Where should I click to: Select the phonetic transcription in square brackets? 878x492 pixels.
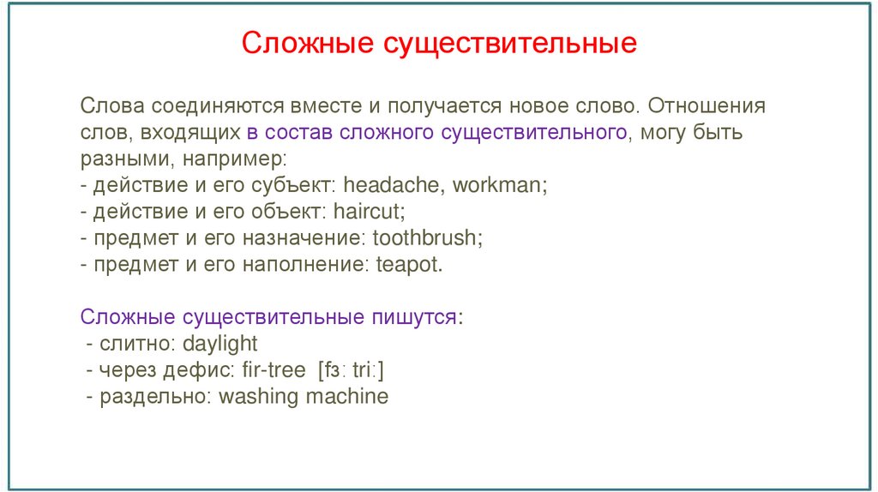(x=349, y=371)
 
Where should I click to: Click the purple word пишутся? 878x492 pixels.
(x=414, y=318)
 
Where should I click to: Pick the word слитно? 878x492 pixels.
(x=129, y=345)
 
